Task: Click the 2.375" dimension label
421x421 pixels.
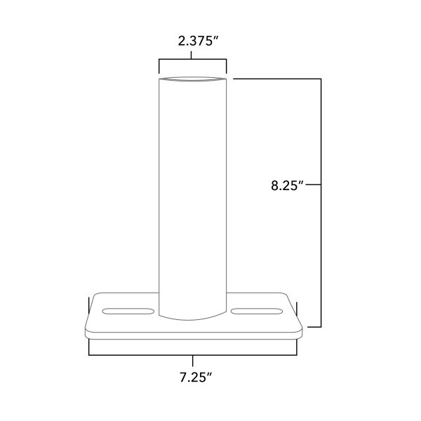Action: (199, 41)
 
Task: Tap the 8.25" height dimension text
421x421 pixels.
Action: (286, 186)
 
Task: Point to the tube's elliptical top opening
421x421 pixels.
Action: (193, 81)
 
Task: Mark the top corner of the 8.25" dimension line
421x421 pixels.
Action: (321, 80)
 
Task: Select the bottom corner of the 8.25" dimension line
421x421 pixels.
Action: (321, 326)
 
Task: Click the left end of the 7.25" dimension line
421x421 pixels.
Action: (88, 355)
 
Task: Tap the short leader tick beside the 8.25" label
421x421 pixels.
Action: (313, 185)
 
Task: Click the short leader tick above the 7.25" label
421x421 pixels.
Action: (193, 361)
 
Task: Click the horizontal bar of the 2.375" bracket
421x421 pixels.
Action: (193, 60)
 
